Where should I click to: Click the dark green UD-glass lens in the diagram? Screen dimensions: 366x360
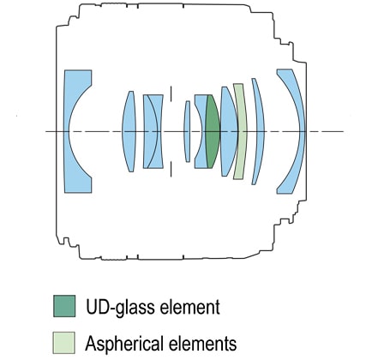(213, 131)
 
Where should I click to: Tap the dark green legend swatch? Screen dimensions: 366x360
(64, 306)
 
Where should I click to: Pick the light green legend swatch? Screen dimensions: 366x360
(63, 342)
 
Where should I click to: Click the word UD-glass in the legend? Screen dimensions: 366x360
(121, 307)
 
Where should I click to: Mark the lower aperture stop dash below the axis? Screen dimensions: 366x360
(171, 169)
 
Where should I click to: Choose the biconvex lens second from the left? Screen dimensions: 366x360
(129, 131)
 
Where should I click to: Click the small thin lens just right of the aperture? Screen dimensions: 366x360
(187, 131)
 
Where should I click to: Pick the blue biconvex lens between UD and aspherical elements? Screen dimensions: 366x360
(229, 131)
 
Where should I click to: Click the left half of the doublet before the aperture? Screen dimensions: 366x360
(148, 131)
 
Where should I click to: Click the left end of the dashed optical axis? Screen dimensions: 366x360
(45, 131)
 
